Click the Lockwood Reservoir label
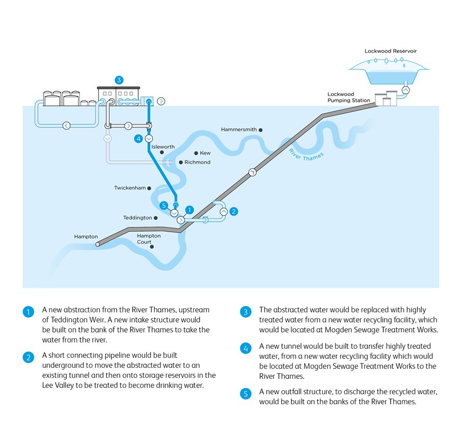390,51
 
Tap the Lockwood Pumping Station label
348,97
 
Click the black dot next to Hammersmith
260,130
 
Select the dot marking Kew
196,153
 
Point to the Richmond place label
197,162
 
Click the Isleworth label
163,147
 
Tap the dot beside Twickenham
149,188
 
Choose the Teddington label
137,217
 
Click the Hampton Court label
148,239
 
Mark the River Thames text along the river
306,155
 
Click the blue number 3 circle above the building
119,80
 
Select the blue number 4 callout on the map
138,138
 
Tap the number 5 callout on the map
164,205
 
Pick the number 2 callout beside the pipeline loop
234,212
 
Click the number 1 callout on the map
190,210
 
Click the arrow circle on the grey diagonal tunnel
252,172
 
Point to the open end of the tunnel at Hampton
98,244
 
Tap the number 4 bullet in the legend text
246,348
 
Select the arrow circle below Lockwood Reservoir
406,90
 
